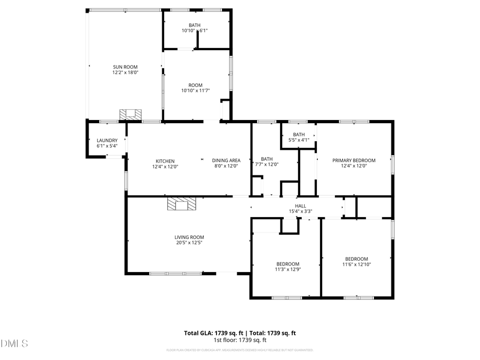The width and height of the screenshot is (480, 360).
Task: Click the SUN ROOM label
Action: point(125,67)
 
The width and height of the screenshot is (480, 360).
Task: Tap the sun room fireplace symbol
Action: point(131,114)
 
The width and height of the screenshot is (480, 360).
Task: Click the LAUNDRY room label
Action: point(107,140)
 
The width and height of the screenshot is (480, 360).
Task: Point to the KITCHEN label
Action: point(165,161)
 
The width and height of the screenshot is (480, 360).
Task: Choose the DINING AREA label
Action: point(226,161)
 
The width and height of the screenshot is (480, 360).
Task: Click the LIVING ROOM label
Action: point(189,237)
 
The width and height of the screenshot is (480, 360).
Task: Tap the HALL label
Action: point(301,206)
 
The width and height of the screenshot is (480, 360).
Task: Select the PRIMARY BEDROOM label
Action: point(354,161)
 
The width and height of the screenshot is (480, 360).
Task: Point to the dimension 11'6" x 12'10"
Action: point(356,264)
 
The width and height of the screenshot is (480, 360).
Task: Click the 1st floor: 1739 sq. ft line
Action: point(240,340)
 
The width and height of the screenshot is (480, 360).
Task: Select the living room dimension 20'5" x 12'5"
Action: point(189,243)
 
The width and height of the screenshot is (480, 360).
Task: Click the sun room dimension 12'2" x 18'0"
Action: point(125,73)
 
